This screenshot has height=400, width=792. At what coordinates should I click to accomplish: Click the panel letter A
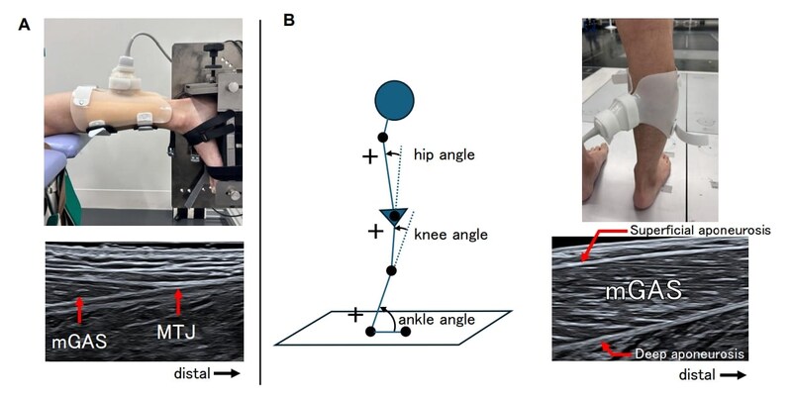[x=25, y=23]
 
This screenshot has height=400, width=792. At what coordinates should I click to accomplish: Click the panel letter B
[x=289, y=19]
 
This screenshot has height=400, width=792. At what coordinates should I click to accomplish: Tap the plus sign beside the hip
[x=369, y=156]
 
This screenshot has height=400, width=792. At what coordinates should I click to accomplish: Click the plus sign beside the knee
[x=375, y=232]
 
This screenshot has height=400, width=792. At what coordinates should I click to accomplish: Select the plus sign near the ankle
[x=354, y=314]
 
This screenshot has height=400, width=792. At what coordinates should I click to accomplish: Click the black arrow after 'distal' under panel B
[x=734, y=376]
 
